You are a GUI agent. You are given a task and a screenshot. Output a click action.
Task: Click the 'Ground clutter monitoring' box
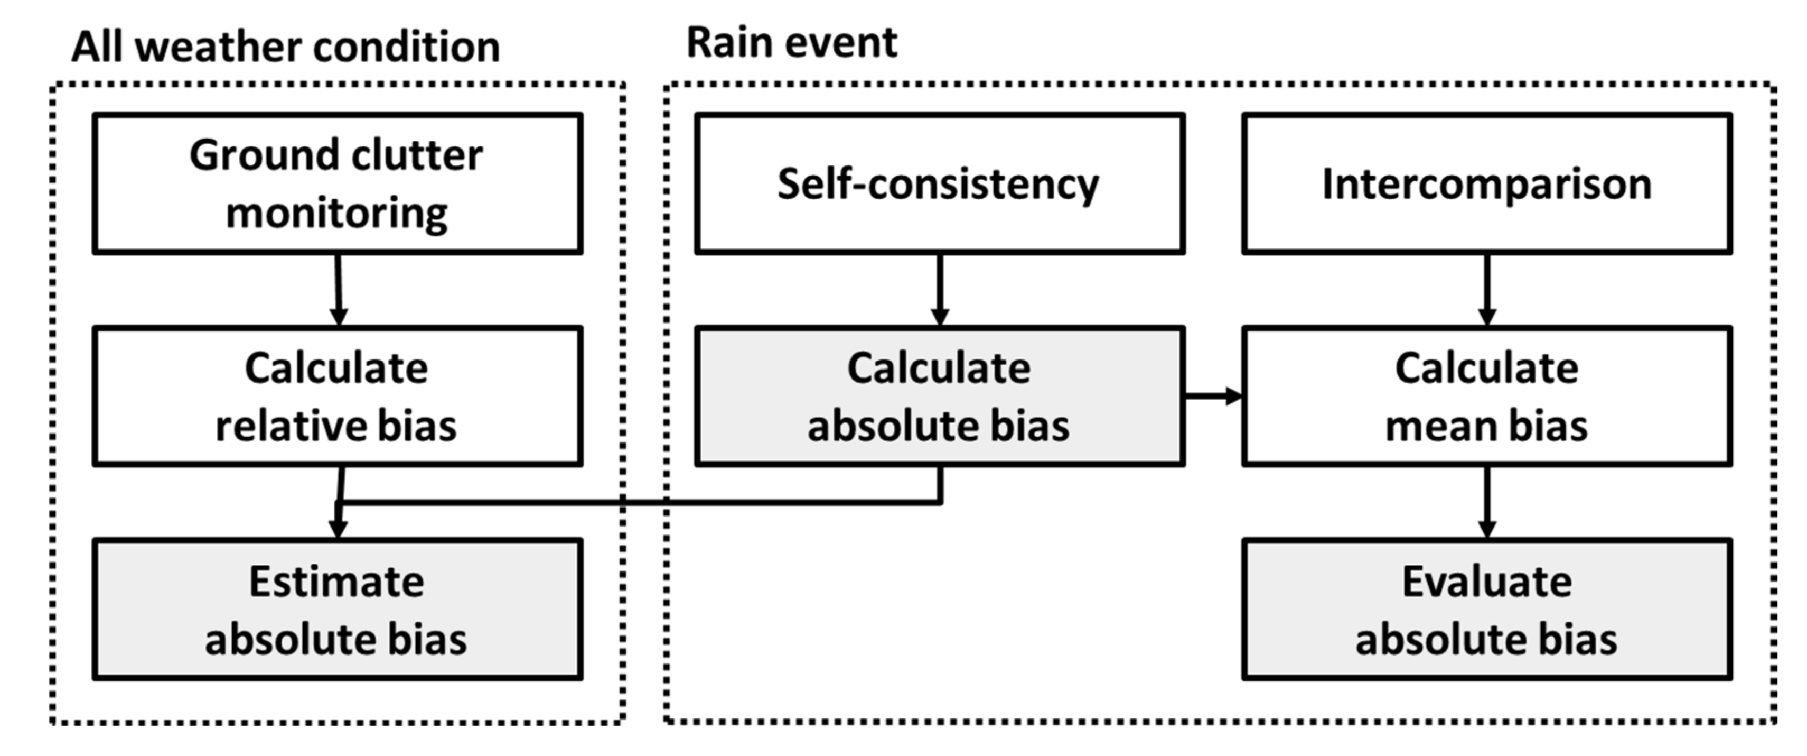click(338, 184)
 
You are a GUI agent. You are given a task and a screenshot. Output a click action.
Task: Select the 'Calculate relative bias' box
click(338, 396)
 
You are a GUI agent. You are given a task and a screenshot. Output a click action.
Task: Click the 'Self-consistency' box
click(939, 184)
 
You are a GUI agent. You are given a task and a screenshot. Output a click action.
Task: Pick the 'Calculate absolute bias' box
click(939, 396)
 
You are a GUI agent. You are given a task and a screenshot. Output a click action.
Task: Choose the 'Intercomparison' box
click(1486, 184)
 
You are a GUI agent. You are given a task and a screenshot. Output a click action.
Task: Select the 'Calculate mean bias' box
click(1486, 396)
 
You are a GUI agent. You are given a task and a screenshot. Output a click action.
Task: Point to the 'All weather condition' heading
click(286, 48)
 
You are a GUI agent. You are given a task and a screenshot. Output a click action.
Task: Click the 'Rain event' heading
click(791, 42)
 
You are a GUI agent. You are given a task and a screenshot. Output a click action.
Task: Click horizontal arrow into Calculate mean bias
click(1213, 396)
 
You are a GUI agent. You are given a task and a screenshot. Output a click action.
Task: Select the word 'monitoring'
click(336, 213)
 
